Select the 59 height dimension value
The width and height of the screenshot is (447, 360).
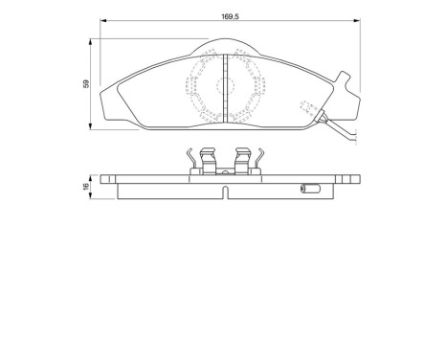[84, 84]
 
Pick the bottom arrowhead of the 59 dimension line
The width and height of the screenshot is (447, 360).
[93, 126]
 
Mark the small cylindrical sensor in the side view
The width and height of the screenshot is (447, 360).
[309, 187]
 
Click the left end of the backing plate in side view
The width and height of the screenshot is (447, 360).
[100, 178]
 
